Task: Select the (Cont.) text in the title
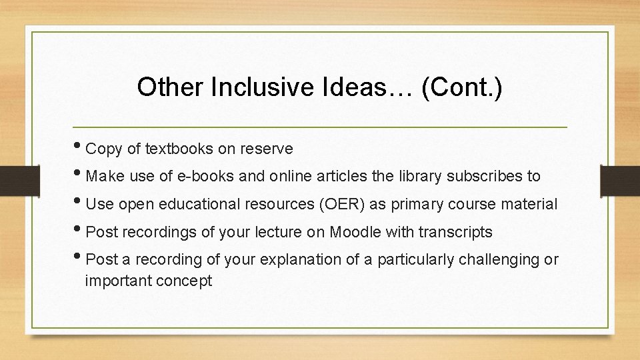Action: (x=461, y=87)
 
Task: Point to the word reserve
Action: (x=267, y=149)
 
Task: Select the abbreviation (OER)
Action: (x=341, y=205)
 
